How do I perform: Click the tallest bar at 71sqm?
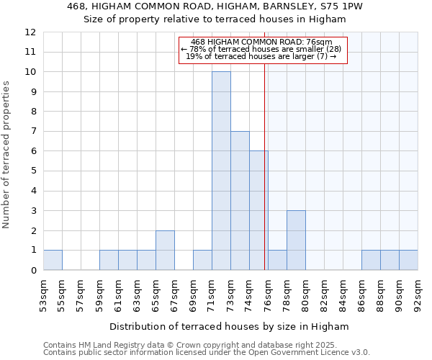tap(221, 171)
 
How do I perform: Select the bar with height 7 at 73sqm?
tap(240, 200)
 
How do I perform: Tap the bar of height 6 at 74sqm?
tap(258, 210)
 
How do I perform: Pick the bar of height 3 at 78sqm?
tap(296, 240)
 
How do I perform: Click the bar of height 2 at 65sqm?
tap(165, 250)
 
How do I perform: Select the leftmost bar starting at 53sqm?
tap(53, 260)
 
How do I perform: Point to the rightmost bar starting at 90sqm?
tap(408, 260)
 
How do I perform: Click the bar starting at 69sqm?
tap(202, 260)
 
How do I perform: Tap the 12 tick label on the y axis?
tap(30, 32)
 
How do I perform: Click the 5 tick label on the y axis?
tap(33, 171)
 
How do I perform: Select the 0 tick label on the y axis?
tap(33, 271)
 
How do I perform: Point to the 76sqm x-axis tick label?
tap(268, 294)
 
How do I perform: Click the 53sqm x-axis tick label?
tap(43, 294)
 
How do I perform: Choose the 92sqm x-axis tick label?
tap(418, 294)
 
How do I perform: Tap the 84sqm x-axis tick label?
tap(343, 294)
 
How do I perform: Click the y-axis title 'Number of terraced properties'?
tap(7, 154)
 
